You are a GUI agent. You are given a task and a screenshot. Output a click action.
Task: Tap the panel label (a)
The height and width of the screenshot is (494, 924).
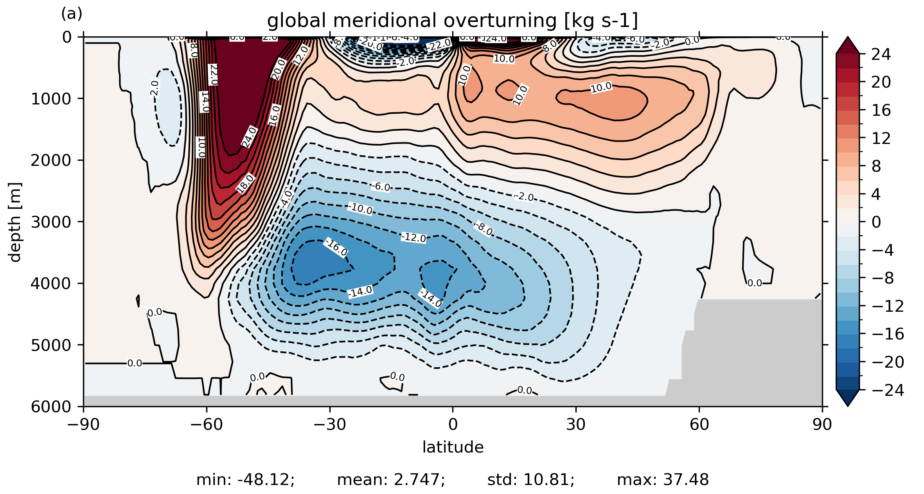(x=72, y=14)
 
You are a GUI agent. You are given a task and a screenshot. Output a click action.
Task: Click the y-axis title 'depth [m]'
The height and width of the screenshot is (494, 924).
(x=14, y=222)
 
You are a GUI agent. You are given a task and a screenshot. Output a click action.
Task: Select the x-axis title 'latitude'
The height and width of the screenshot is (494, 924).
(x=453, y=447)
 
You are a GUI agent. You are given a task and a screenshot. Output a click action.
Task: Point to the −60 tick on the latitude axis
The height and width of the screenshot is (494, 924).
(x=207, y=424)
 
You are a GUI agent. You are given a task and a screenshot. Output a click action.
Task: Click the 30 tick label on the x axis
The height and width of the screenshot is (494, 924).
(x=575, y=424)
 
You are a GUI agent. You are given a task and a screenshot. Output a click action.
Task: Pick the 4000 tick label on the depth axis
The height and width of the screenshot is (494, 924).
(x=51, y=283)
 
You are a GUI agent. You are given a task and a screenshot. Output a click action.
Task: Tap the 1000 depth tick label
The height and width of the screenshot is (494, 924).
(x=51, y=99)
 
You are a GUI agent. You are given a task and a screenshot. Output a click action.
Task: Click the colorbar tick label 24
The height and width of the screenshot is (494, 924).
(x=881, y=54)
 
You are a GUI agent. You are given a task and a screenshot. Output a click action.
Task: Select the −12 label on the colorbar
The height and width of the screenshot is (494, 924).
(x=888, y=306)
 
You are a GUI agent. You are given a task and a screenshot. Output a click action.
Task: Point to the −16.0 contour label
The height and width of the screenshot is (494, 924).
(x=336, y=247)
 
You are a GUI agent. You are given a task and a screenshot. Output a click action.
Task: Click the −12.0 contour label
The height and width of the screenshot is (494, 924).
(x=413, y=237)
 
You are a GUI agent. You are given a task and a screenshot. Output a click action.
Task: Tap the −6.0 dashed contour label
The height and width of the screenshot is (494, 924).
(x=381, y=187)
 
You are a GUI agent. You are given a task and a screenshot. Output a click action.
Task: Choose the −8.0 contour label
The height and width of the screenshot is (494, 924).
(x=484, y=228)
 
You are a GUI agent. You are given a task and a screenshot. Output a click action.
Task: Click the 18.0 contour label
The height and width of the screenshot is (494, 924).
(x=246, y=183)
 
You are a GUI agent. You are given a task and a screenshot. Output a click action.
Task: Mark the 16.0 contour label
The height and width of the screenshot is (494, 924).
(x=275, y=115)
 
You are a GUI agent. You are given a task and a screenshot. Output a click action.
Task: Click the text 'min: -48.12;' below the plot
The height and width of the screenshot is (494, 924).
(x=245, y=480)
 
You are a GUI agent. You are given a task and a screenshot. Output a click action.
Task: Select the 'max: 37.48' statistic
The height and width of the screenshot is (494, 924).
(x=663, y=480)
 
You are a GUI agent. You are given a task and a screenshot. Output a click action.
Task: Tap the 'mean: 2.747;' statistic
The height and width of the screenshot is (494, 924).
(x=391, y=480)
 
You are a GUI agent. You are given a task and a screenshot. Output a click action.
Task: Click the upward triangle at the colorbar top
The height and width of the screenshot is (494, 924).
(x=848, y=45)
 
